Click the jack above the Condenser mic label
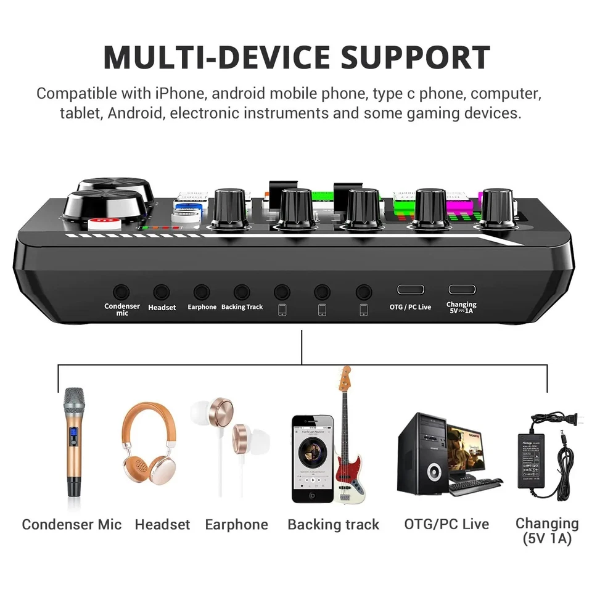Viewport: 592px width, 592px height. click(121, 292)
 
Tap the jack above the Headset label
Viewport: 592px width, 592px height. click(162, 292)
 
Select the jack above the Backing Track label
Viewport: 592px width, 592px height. click(242, 292)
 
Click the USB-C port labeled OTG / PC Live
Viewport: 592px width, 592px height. click(410, 290)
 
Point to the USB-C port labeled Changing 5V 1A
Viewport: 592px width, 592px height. click(461, 289)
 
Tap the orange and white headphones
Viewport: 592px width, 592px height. click(149, 444)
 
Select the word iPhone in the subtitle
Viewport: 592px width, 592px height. click(178, 94)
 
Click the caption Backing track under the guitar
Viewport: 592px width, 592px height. click(333, 525)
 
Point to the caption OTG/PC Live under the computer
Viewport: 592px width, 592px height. click(446, 524)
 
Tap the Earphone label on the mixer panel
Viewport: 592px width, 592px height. click(202, 307)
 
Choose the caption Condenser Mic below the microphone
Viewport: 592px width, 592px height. click(72, 525)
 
